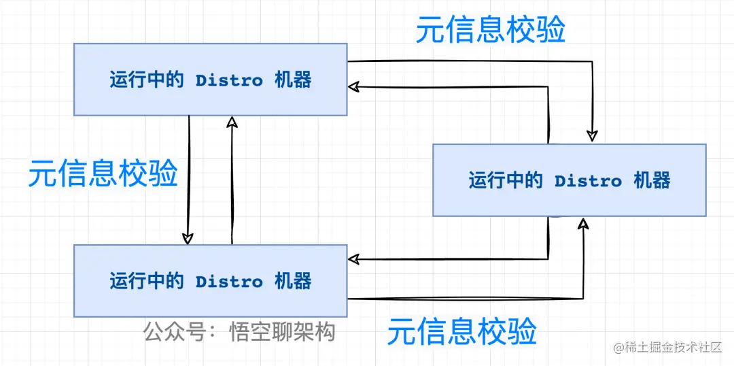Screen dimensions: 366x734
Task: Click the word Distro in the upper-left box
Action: click(229, 80)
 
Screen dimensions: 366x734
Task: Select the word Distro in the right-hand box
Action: click(588, 181)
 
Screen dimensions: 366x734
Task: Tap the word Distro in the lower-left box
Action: click(229, 282)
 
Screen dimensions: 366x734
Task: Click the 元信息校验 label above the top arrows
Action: click(490, 31)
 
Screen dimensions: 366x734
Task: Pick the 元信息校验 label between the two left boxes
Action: click(103, 173)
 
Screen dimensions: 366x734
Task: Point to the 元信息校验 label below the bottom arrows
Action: click(461, 332)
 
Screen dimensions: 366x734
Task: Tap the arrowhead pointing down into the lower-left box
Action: click(188, 237)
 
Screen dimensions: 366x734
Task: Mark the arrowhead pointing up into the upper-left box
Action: click(232, 122)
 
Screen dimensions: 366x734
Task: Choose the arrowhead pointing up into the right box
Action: click(583, 224)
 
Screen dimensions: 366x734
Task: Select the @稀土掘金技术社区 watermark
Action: click(667, 348)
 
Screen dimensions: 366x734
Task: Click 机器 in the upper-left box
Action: click(293, 80)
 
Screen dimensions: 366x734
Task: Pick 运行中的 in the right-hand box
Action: click(505, 181)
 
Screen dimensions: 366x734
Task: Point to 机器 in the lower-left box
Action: click(293, 282)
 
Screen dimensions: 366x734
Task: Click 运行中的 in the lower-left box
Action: click(146, 282)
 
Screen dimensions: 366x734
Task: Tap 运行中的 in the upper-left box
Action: click(146, 80)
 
